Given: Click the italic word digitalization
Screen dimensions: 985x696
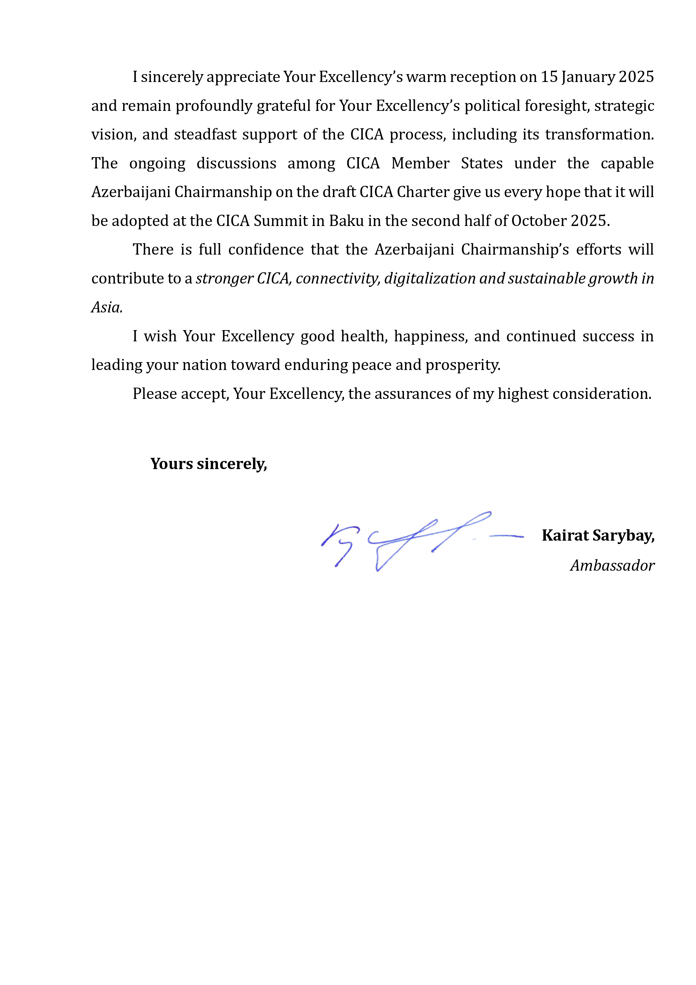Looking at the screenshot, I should (430, 279).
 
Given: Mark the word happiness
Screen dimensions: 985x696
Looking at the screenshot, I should (431, 336).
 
